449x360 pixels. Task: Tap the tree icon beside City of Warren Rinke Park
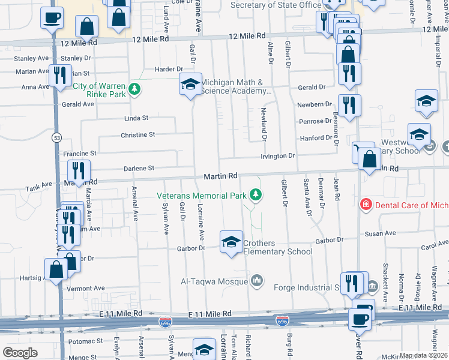(136, 89)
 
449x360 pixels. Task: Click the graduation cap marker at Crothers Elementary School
(232, 242)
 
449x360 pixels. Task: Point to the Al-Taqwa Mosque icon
(257, 281)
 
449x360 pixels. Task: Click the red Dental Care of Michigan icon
(365, 205)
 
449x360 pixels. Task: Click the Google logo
(20, 353)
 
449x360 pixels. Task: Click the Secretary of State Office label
(277, 5)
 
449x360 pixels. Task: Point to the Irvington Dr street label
(277, 156)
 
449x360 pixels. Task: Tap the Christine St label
(138, 135)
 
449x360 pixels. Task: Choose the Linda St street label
(136, 118)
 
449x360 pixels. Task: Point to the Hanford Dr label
(316, 138)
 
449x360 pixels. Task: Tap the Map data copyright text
(424, 355)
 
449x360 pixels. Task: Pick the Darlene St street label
(139, 168)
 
